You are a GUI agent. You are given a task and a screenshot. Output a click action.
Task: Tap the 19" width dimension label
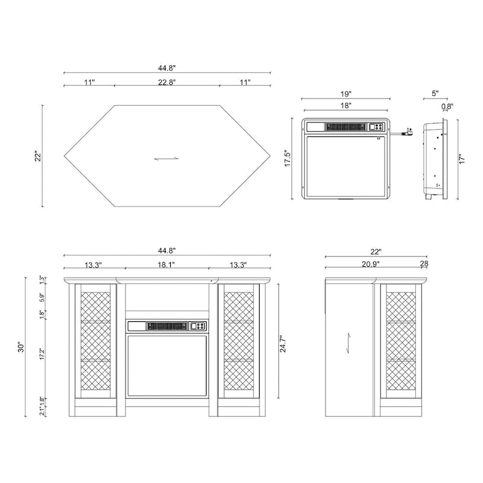(346, 94)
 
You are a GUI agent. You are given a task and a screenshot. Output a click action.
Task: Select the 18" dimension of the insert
(346, 106)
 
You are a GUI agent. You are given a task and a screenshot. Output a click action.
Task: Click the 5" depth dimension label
(435, 94)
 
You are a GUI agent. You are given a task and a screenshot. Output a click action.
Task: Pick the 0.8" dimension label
(447, 107)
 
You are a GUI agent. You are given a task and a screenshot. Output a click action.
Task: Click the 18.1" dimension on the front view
(167, 264)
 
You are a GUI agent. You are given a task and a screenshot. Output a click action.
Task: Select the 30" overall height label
(21, 347)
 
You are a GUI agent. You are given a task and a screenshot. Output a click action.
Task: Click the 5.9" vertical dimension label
(42, 298)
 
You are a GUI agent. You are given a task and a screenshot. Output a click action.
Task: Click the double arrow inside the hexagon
(166, 159)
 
